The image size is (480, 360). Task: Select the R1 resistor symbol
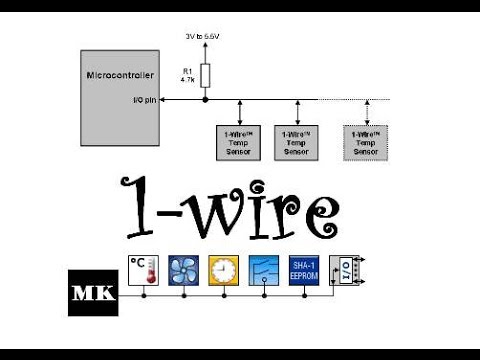click(205, 74)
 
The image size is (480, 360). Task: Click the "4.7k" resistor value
click(187, 79)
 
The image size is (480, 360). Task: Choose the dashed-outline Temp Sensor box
click(365, 143)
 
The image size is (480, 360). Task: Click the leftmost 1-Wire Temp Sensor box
click(241, 143)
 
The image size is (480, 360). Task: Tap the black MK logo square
click(94, 291)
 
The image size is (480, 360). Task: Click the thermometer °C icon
click(145, 270)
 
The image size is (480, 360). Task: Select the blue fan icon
click(184, 270)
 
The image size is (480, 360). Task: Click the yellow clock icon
click(224, 270)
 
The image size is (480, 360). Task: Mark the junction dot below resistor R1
click(205, 100)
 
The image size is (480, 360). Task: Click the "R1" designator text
click(186, 70)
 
